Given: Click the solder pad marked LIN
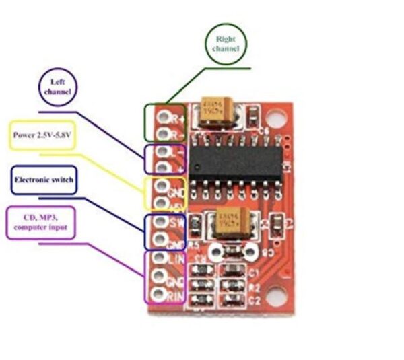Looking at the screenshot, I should pyautogui.click(x=160, y=257).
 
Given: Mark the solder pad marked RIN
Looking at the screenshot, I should pyautogui.click(x=160, y=294).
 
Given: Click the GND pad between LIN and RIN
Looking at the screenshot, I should pyautogui.click(x=160, y=276).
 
